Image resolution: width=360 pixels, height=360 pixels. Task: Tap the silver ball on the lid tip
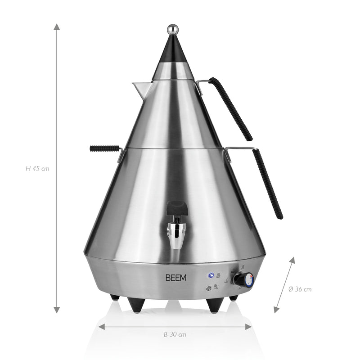pyautogui.click(x=172, y=30)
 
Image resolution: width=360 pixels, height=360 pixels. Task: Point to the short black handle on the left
pyautogui.click(x=104, y=148)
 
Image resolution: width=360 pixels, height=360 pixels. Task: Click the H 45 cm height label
pyautogui.click(x=37, y=169)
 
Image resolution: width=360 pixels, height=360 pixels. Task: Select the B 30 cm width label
pyautogui.click(x=175, y=334)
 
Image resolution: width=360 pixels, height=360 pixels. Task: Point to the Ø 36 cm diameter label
pyautogui.click(x=300, y=289)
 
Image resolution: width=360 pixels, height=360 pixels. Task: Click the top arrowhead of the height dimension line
pyautogui.click(x=57, y=27)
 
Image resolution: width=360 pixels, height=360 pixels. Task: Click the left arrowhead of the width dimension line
pyautogui.click(x=102, y=326)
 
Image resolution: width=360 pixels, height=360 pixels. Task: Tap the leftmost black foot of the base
pyautogui.click(x=115, y=297)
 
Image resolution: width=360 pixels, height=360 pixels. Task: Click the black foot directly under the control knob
pyautogui.click(x=234, y=297)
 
